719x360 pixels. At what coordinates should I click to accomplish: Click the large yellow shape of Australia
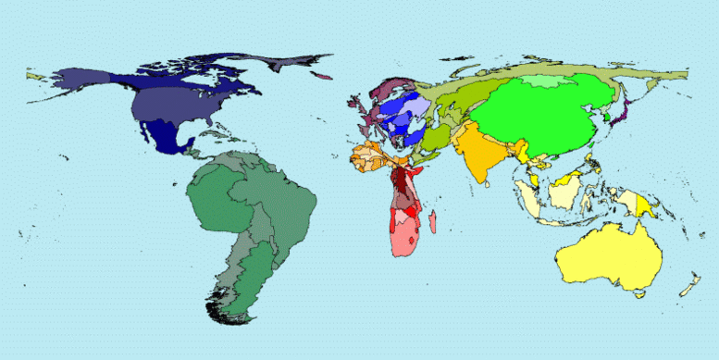(x=606, y=254)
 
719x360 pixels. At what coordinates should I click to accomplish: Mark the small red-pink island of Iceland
(x=324, y=77)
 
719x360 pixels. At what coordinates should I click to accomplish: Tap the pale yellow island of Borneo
(x=563, y=192)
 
